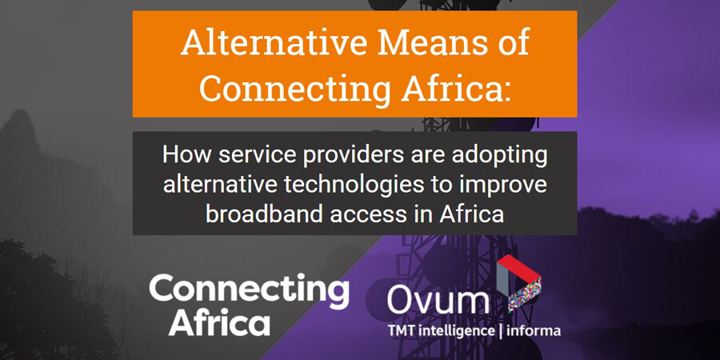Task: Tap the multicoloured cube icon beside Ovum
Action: point(519,285)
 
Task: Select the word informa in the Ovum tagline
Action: point(533,330)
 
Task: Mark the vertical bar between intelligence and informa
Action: point(500,331)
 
